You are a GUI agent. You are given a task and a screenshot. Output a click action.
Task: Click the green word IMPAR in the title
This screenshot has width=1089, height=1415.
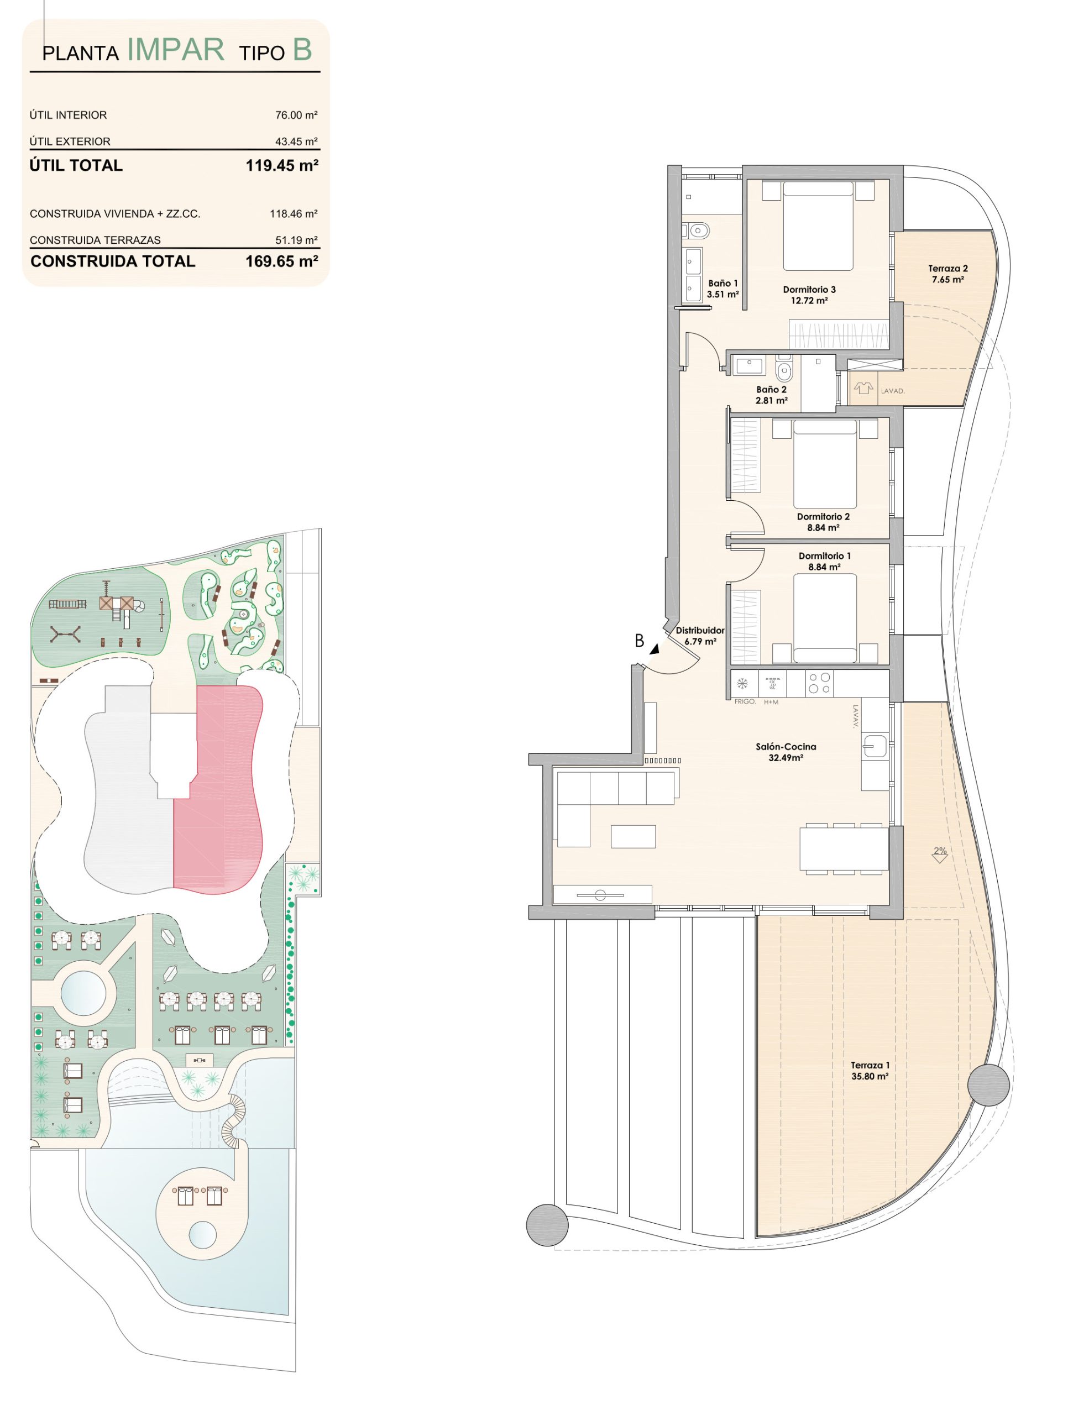click(176, 49)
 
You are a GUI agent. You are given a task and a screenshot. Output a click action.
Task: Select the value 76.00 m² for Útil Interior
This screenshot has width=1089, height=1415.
click(296, 114)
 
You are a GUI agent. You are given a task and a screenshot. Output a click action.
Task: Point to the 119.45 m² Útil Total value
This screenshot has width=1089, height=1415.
click(282, 165)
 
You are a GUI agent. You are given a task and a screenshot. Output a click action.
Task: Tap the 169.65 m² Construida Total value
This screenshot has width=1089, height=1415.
click(282, 261)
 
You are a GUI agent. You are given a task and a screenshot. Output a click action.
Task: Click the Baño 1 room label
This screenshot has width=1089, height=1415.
click(723, 289)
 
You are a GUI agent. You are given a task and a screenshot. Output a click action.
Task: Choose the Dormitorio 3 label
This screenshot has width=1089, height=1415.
click(809, 295)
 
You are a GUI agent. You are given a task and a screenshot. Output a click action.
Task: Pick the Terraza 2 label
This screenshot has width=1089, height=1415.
click(948, 274)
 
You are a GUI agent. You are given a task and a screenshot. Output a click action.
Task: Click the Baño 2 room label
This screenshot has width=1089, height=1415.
click(772, 395)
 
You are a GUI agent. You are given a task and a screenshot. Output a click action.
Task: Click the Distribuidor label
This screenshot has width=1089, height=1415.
click(700, 636)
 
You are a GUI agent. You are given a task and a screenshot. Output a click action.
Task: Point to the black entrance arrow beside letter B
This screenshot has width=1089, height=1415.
click(655, 648)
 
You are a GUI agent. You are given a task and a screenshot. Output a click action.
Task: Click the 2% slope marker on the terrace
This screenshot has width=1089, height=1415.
click(940, 855)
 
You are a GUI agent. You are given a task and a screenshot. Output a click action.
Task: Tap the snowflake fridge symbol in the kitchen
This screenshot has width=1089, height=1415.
click(743, 683)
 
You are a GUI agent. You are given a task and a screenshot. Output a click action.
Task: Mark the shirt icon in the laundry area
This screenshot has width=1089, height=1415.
click(863, 389)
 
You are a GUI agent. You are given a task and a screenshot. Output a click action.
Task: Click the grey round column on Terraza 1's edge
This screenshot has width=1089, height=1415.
click(988, 1084)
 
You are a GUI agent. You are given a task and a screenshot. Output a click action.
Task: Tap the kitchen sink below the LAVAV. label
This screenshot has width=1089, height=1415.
click(875, 746)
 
